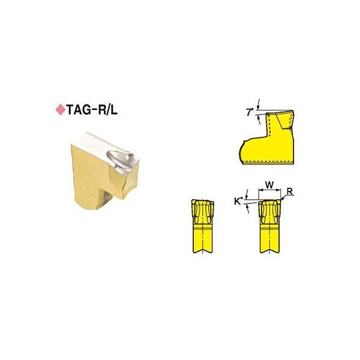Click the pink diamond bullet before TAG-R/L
[x=61, y=110]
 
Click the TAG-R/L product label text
[x=92, y=110]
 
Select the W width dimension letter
[x=269, y=184]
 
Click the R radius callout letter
[x=290, y=191]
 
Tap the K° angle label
[x=239, y=202]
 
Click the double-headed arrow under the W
[x=269, y=190]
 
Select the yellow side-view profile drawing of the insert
[x=267, y=137]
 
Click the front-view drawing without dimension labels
[x=203, y=226]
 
